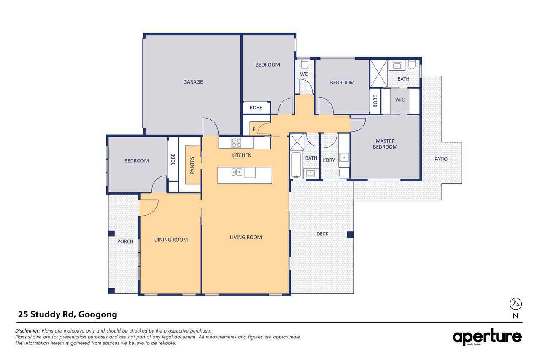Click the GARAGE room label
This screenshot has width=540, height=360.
[x=193, y=82]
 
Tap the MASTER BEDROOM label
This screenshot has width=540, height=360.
[x=385, y=144]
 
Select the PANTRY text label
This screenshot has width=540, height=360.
[x=192, y=165]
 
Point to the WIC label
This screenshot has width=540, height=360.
[x=400, y=100]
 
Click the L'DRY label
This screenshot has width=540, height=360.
[x=329, y=160]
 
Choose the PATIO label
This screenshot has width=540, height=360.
[x=441, y=159]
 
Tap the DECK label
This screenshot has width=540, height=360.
[x=322, y=234]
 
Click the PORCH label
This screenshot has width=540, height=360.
[x=125, y=241]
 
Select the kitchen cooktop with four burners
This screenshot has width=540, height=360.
[x=236, y=143]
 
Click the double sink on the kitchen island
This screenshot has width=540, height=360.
[x=237, y=172]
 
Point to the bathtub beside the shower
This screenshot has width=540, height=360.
[x=296, y=165]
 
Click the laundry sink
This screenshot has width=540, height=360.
[x=344, y=158]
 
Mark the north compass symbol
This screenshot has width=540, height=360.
[x=516, y=304]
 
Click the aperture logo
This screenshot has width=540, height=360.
[x=487, y=337]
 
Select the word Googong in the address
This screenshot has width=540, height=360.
[x=97, y=315]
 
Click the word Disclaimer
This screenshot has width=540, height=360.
[x=27, y=331]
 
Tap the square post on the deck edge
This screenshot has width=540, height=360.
[x=350, y=234]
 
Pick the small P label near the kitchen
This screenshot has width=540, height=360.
[x=254, y=130]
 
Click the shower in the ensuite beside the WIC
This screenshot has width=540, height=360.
[x=379, y=73]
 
